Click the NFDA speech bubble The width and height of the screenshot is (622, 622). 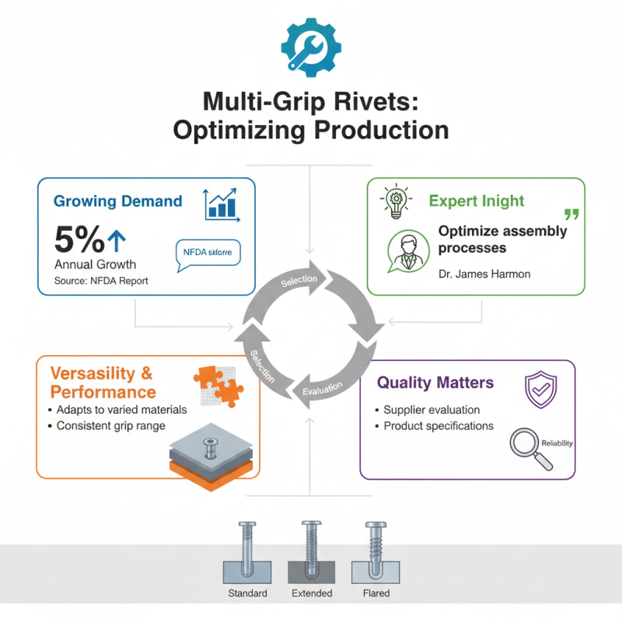click(208, 253)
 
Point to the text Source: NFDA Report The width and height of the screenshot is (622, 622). click(101, 280)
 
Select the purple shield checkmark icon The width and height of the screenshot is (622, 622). click(541, 389)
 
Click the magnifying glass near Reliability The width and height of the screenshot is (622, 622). click(527, 450)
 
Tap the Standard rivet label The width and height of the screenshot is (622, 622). click(247, 593)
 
